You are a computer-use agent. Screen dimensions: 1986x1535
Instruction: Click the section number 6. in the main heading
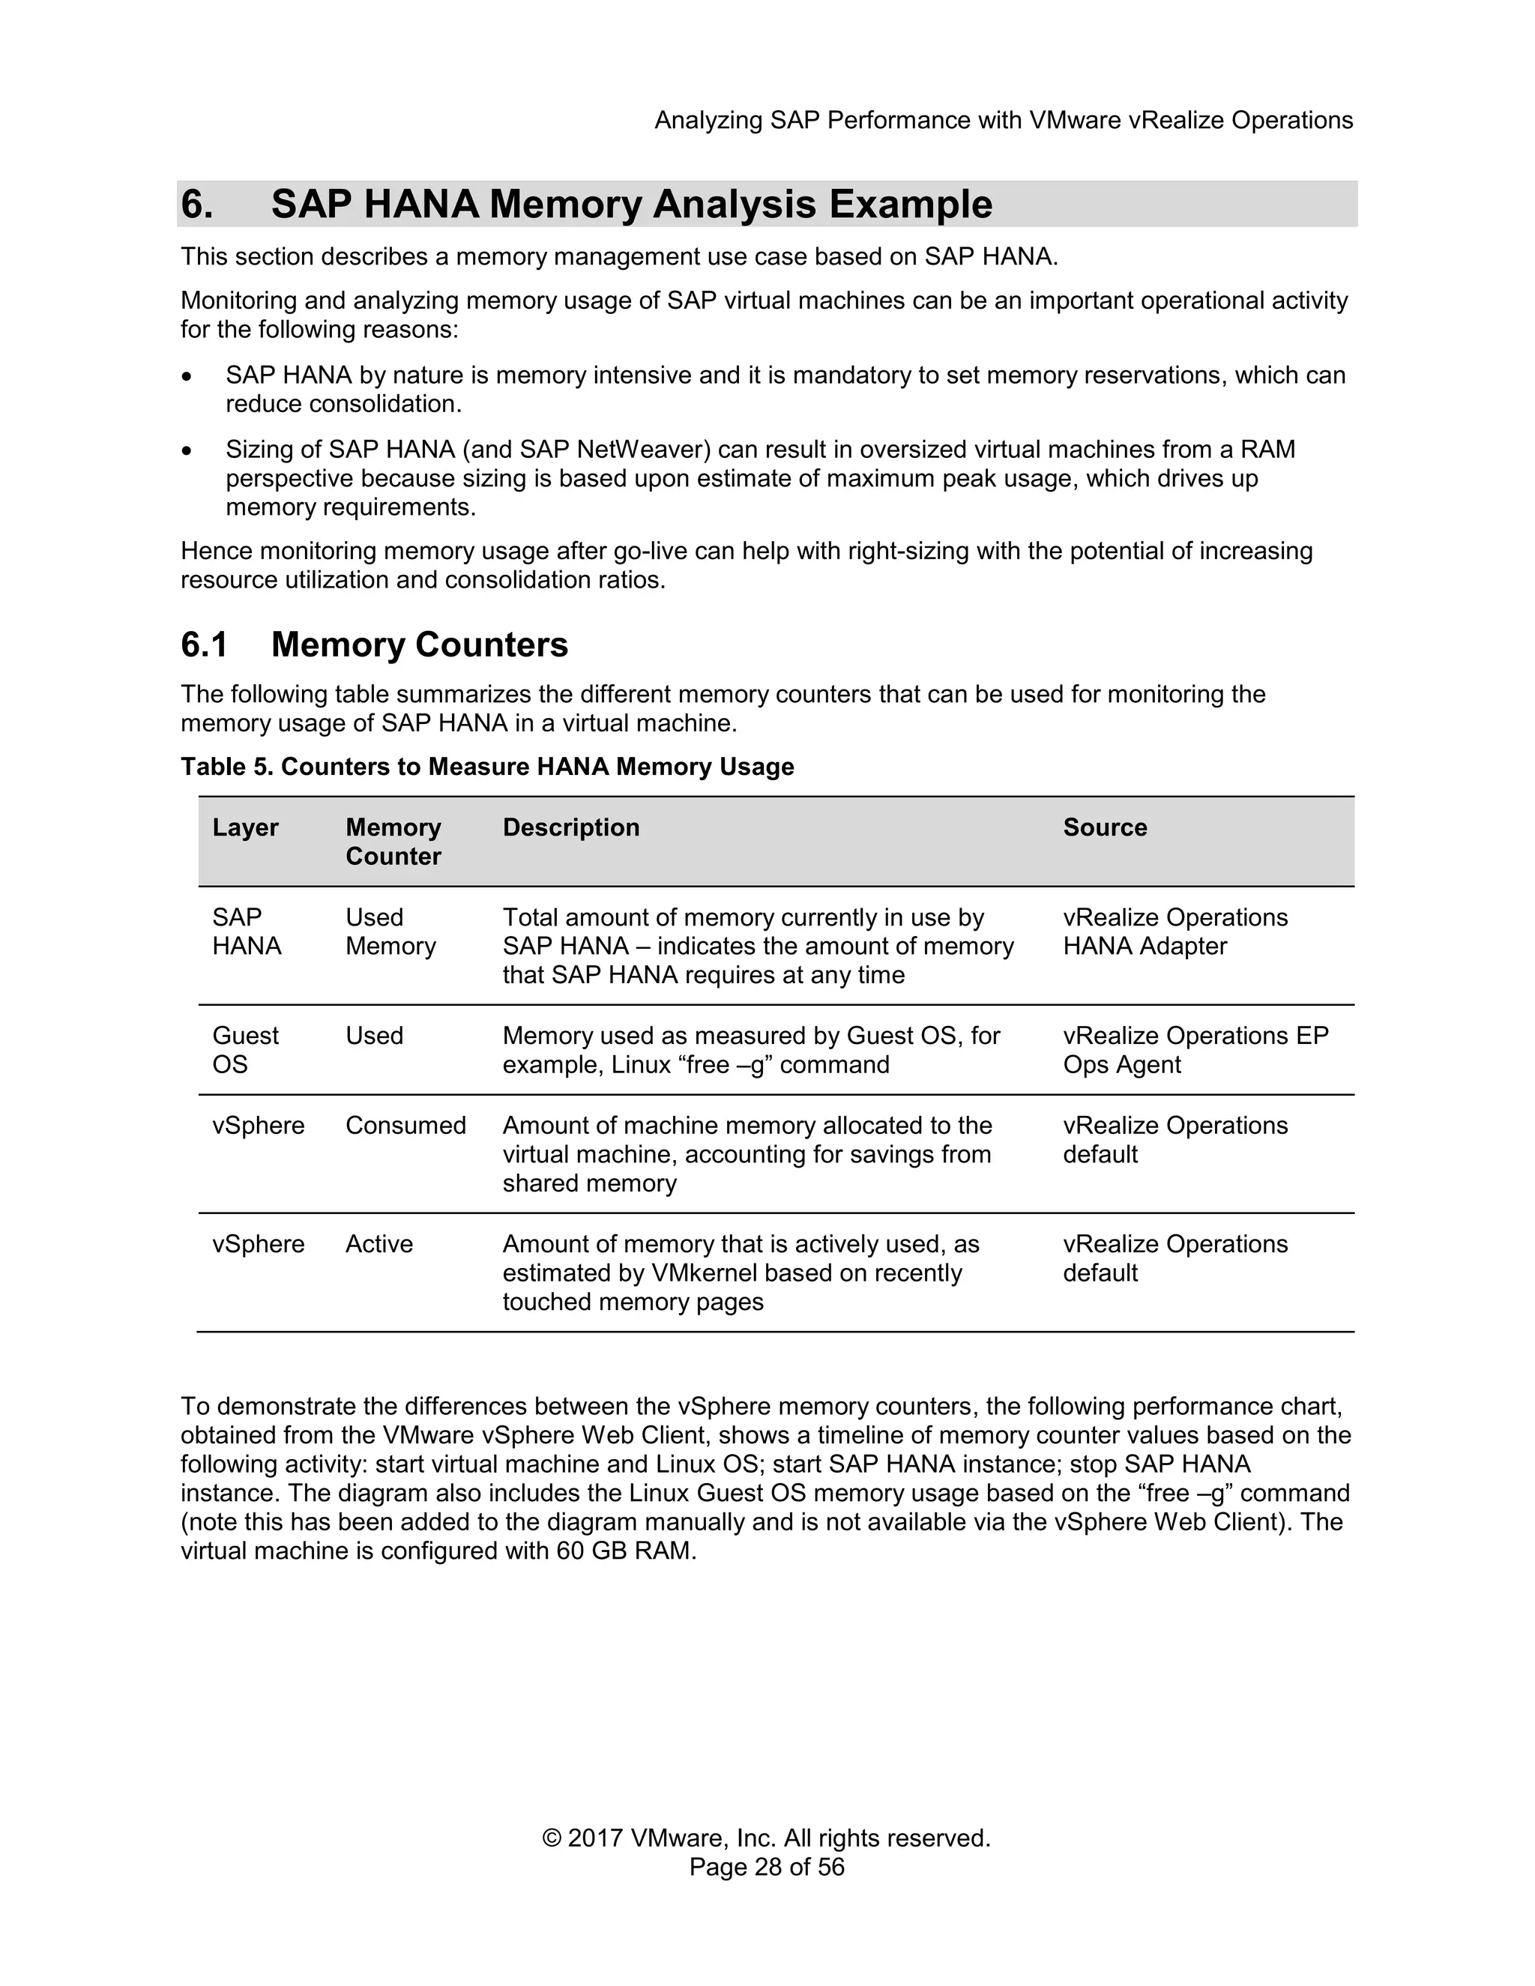[x=196, y=204]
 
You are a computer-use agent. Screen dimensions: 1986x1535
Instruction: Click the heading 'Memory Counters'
[x=418, y=645]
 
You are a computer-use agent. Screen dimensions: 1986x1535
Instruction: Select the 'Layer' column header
[x=244, y=827]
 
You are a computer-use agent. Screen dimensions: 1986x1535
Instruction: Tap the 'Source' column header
[x=1104, y=827]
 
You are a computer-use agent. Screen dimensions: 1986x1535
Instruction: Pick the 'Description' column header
[x=570, y=827]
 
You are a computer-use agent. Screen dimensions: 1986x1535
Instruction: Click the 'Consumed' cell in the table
[x=405, y=1126]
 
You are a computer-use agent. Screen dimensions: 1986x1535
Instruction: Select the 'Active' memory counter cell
[x=379, y=1244]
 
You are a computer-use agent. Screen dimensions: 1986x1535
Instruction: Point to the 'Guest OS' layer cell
[x=244, y=1049]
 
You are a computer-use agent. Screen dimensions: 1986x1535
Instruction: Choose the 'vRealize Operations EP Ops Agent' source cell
[x=1194, y=1049]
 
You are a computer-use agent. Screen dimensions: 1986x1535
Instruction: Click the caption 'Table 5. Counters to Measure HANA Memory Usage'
[x=486, y=767]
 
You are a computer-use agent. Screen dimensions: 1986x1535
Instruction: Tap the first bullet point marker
[x=187, y=376]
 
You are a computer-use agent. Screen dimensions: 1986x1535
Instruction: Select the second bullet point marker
[x=187, y=451]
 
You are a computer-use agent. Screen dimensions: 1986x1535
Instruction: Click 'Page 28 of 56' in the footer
[x=767, y=1868]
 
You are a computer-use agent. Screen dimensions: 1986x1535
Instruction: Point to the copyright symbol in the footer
[x=551, y=1838]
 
